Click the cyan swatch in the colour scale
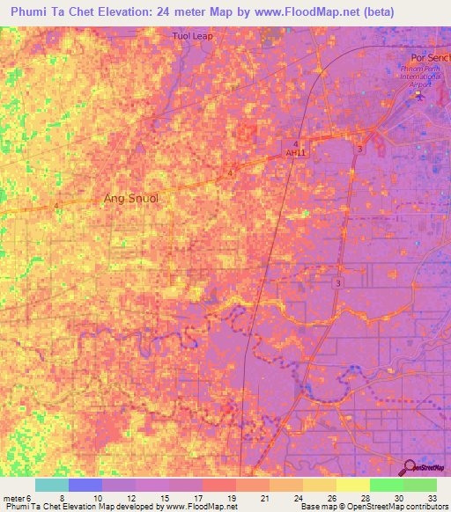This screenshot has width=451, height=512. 51,484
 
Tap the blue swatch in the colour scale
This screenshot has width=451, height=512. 85,484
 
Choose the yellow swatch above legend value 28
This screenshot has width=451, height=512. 352,484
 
